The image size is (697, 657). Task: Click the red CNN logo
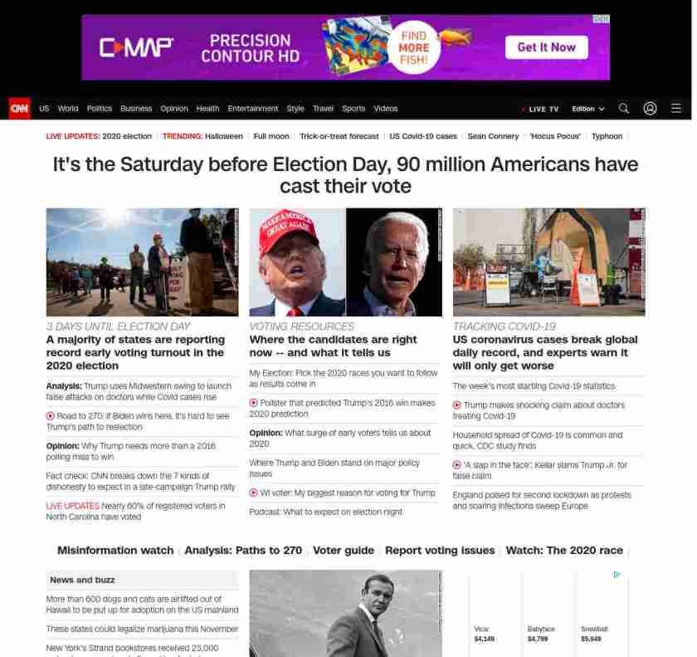point(19,108)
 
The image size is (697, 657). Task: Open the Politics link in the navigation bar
point(100,109)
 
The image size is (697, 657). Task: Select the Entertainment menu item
point(253,109)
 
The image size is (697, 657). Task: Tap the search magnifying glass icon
point(624,108)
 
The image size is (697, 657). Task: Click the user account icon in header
point(651,108)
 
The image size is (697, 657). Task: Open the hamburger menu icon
point(676,108)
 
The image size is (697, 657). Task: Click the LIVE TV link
point(542,109)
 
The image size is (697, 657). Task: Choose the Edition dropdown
point(587,109)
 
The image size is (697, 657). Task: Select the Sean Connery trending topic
point(493,136)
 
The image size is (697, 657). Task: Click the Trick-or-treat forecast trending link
point(339,136)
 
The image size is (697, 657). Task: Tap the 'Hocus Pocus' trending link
point(556,136)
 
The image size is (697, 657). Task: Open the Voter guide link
point(344,551)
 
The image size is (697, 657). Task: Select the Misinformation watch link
point(115,551)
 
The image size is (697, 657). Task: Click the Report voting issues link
point(440,551)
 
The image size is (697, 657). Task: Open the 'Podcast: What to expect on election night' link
point(325,512)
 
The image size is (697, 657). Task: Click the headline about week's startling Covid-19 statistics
point(534,386)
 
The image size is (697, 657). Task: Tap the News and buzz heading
point(82,580)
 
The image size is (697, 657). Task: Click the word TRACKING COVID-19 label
point(504,326)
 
